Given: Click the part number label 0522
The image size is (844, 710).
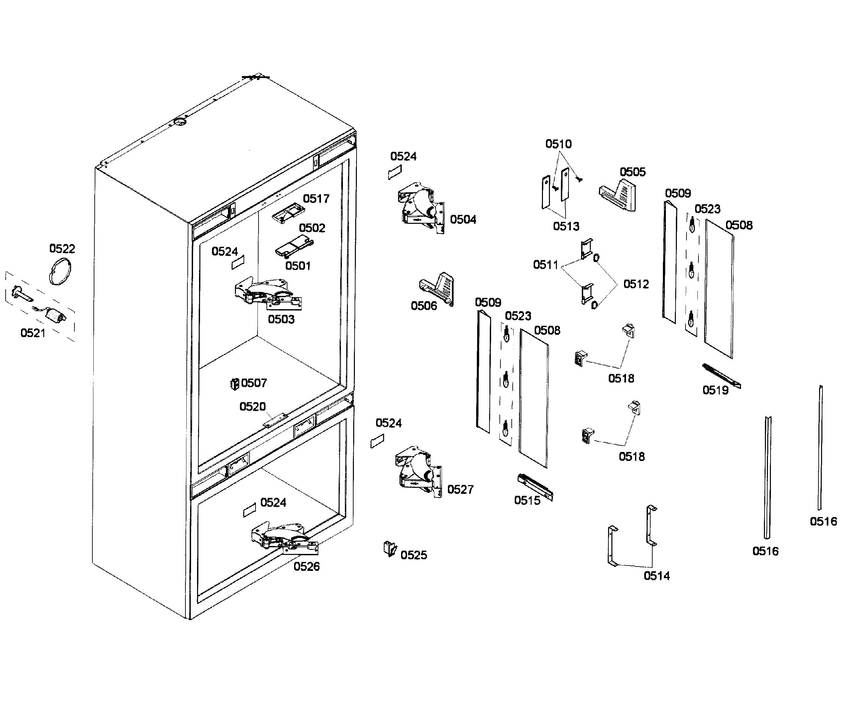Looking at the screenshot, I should [62, 249].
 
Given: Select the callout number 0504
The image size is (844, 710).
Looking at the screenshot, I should [463, 220].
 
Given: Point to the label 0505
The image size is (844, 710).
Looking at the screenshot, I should [633, 172].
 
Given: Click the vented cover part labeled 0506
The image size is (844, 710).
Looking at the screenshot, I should [438, 288].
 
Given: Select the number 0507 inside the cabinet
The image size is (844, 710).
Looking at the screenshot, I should [254, 383].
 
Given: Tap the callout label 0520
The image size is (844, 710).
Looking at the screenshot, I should [253, 407].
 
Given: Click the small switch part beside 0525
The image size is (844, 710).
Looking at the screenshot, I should [389, 548].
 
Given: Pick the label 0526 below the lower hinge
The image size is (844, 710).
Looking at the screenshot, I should [306, 567].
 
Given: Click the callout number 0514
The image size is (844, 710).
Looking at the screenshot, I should [657, 576].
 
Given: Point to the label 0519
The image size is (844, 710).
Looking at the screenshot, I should [715, 391].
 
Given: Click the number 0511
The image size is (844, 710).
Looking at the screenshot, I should [546, 265].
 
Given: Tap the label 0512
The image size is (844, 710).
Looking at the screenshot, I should [636, 284].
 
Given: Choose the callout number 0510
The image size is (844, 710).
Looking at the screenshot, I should [559, 144].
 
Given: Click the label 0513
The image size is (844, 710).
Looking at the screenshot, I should [566, 226].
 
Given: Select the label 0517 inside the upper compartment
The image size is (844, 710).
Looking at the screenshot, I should [316, 199].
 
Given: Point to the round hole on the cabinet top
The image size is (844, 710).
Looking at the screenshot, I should [180, 122].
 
